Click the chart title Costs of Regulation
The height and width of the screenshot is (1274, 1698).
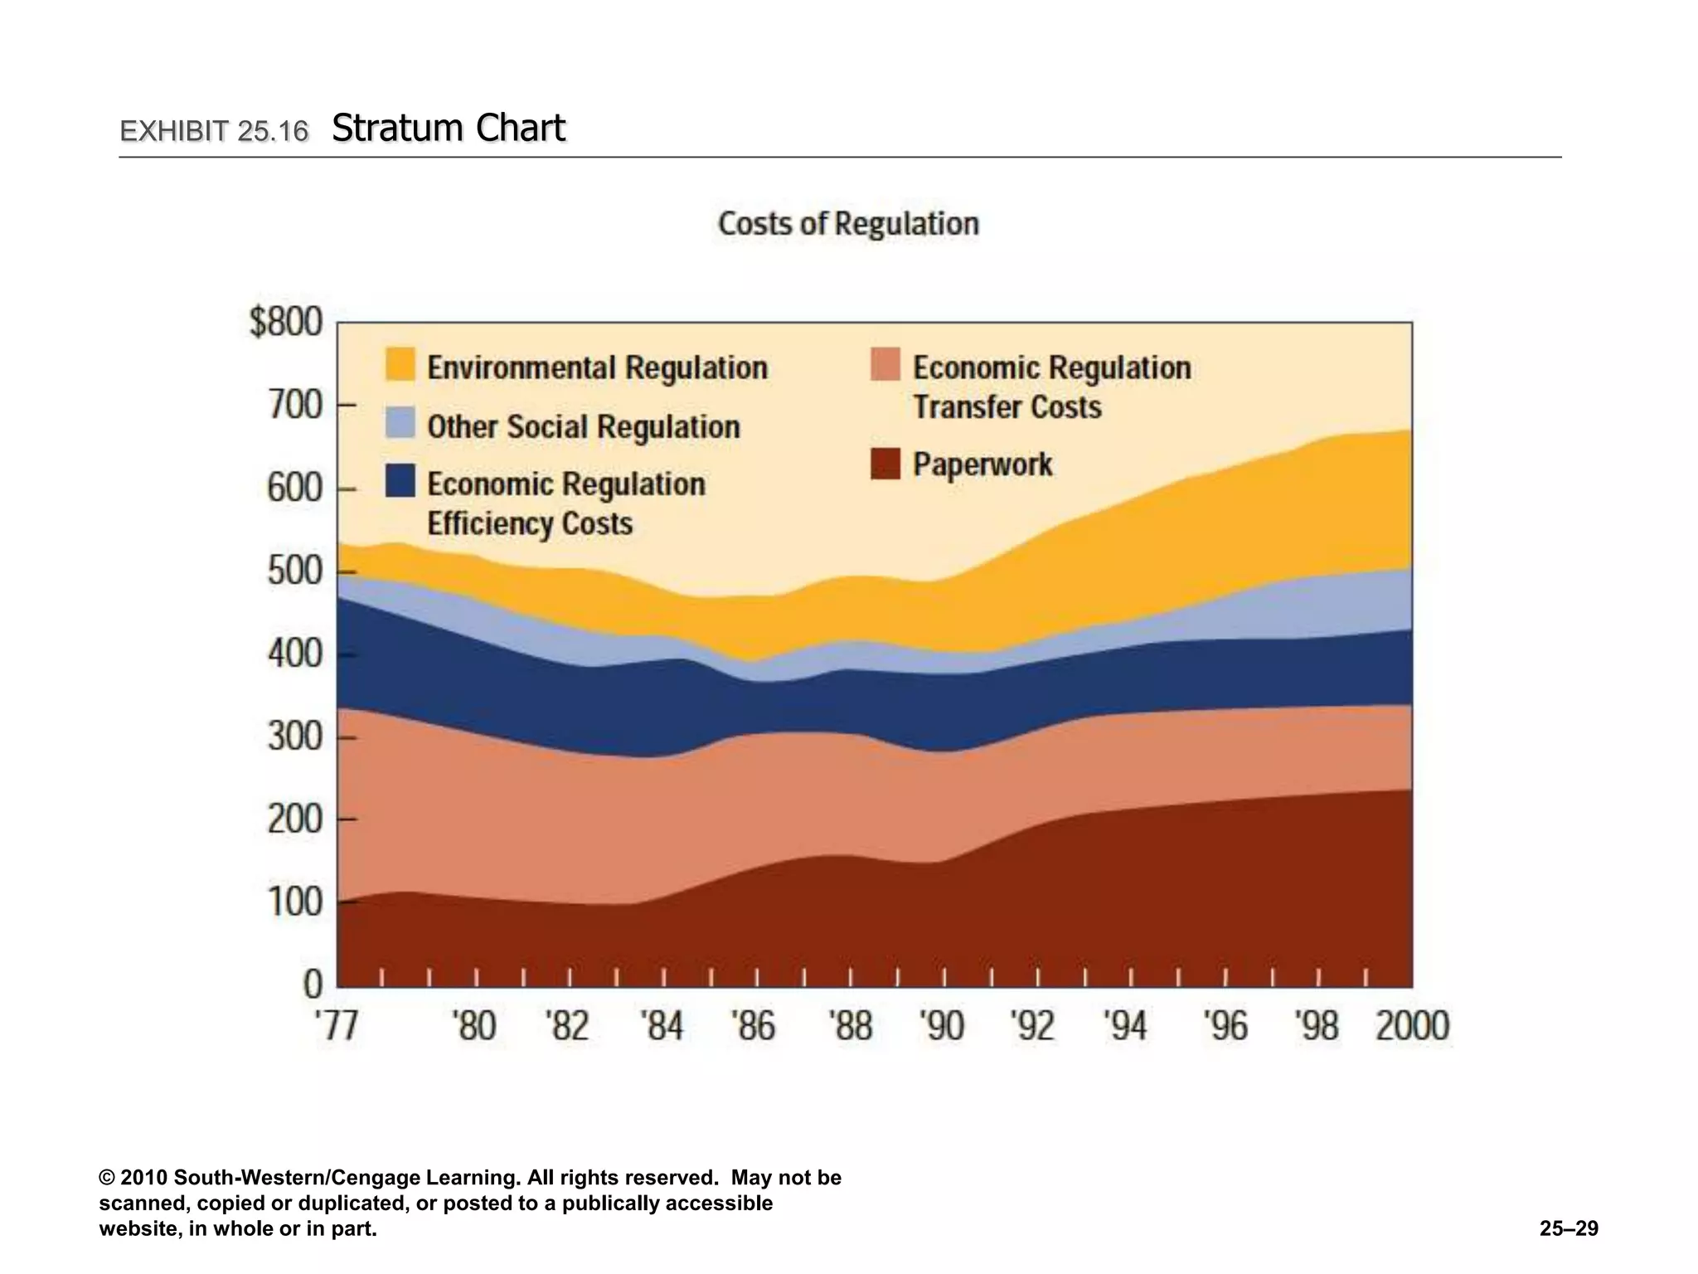pos(848,224)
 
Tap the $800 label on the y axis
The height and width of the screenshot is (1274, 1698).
pos(286,322)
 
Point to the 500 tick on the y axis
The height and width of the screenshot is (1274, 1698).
pos(295,571)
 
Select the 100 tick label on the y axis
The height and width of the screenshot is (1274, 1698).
pos(295,902)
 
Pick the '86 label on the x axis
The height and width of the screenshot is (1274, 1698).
pos(753,1026)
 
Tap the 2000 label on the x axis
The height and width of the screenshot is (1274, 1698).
pos(1412,1026)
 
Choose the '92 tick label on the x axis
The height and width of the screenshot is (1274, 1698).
pos(1033,1026)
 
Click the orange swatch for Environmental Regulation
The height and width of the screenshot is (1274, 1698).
pos(400,365)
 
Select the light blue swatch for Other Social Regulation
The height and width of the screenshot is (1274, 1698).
pos(400,422)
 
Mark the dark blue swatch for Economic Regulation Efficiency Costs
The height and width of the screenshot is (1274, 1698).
pos(400,481)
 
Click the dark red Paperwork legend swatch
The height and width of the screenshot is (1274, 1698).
pos(885,463)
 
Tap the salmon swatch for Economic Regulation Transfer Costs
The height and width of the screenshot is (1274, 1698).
pos(885,365)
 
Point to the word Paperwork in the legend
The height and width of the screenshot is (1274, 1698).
pos(982,464)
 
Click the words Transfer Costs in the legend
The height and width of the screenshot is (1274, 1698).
pos(1007,407)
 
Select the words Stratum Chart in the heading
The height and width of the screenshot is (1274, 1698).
pos(449,129)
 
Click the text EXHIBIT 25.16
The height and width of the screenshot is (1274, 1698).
pos(214,131)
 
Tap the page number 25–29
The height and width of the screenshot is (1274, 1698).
pos(1569,1228)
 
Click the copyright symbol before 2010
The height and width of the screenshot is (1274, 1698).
pos(107,1178)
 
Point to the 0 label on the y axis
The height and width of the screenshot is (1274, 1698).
pos(313,985)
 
